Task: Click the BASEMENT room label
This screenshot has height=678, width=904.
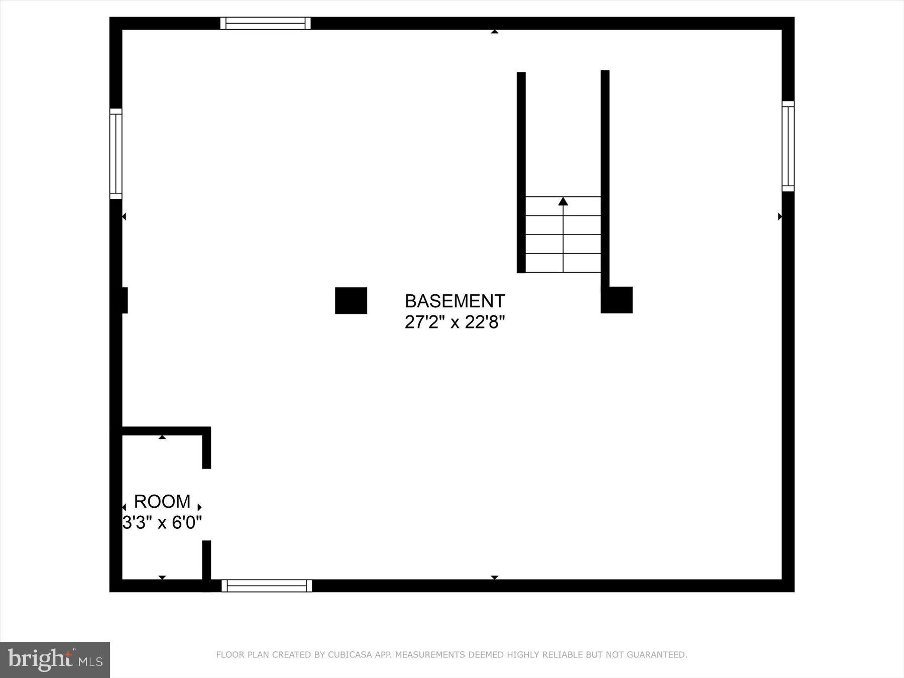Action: [x=455, y=301]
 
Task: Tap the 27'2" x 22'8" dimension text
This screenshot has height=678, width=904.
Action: [x=455, y=322]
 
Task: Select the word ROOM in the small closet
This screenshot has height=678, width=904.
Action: [x=162, y=501]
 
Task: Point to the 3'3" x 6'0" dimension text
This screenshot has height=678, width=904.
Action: [x=162, y=523]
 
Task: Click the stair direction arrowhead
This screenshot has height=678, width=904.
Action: [x=563, y=201]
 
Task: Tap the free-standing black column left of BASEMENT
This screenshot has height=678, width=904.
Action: [x=351, y=300]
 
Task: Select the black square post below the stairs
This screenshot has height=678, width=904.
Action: [x=617, y=300]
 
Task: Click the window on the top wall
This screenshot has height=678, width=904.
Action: [x=265, y=23]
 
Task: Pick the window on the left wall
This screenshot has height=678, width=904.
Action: [x=116, y=154]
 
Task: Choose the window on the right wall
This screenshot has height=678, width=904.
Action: [x=788, y=146]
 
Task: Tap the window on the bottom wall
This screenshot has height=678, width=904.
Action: [x=267, y=586]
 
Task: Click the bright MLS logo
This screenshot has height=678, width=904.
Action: [x=55, y=659]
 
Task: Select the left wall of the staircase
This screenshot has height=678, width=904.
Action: [x=521, y=172]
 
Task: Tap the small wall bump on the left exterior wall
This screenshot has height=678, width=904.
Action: [x=124, y=300]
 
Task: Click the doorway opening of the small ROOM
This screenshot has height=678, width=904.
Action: [x=206, y=504]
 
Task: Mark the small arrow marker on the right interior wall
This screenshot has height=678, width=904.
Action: [x=779, y=216]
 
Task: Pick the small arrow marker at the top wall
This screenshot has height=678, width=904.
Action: [x=495, y=32]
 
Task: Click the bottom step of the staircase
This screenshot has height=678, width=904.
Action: [x=563, y=263]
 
